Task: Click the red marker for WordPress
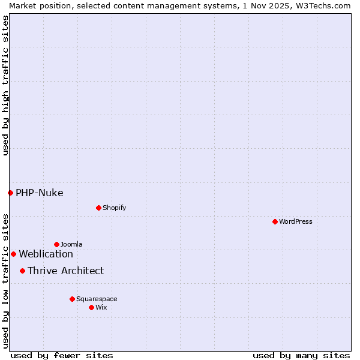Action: pyautogui.click(x=275, y=221)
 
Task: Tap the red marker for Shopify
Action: pyautogui.click(x=98, y=208)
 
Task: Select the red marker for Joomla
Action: pyautogui.click(x=56, y=244)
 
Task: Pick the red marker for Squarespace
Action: pyautogui.click(x=72, y=299)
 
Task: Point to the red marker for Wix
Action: pyautogui.click(x=91, y=307)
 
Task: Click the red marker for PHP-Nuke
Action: pyautogui.click(x=10, y=193)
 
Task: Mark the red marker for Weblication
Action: pyautogui.click(x=13, y=254)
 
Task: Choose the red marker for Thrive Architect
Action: pyautogui.click(x=22, y=271)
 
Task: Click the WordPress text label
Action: pyautogui.click(x=296, y=221)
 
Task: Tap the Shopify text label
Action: pyautogui.click(x=114, y=208)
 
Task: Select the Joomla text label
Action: pyautogui.click(x=71, y=244)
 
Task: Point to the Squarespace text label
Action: pyautogui.click(x=97, y=299)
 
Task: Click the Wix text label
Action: pyautogui.click(x=101, y=307)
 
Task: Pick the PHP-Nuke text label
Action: pyautogui.click(x=40, y=193)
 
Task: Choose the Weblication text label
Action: pyautogui.click(x=46, y=254)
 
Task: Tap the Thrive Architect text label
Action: pyautogui.click(x=65, y=271)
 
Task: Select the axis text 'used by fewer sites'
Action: pyautogui.click(x=61, y=355)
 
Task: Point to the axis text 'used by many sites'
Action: pyautogui.click(x=301, y=355)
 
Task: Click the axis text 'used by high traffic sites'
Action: pyautogui.click(x=5, y=85)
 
